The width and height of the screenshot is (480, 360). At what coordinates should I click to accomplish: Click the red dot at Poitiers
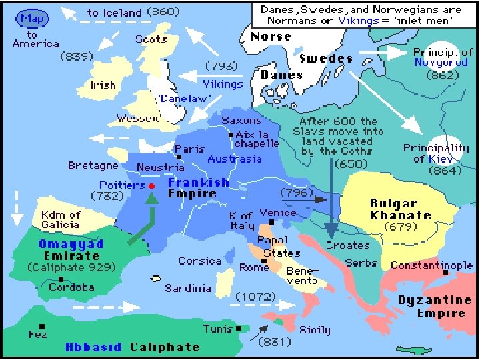151,185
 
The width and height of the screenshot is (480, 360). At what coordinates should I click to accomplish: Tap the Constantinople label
431,265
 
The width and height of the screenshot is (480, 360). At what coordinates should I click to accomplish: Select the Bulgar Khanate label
401,209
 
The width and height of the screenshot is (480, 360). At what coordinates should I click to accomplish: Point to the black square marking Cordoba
61,279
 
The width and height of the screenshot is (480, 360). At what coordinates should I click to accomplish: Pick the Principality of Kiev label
436,154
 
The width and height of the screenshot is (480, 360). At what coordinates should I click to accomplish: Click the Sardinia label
188,289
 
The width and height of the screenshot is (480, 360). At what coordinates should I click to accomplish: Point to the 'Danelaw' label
184,99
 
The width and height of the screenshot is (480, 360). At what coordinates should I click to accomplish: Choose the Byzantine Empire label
435,307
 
